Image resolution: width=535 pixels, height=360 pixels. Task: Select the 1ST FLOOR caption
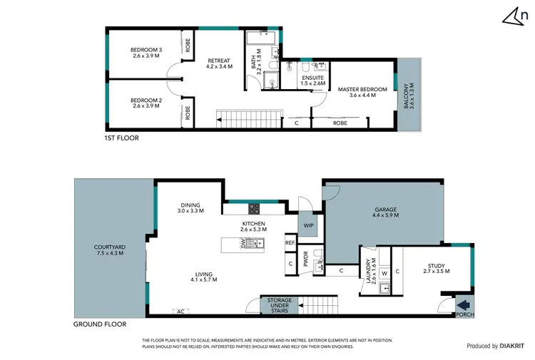point(121,138)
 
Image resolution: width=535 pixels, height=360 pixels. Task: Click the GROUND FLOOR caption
point(100,324)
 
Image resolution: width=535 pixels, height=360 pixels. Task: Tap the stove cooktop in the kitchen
point(254,208)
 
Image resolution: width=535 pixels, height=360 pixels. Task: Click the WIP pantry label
point(308,225)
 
